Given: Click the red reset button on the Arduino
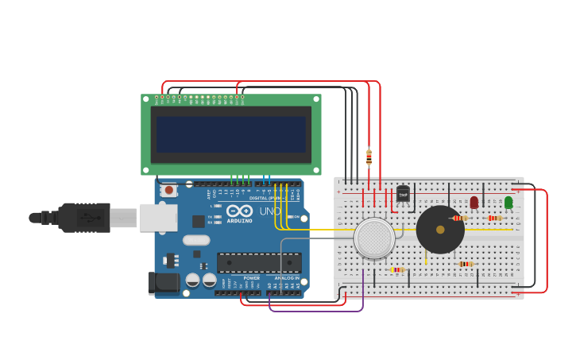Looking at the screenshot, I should tap(168, 190).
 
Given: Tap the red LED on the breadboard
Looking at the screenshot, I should tap(474, 203).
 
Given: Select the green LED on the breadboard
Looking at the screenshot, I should tap(508, 203).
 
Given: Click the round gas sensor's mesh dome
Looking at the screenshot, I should tap(374, 238).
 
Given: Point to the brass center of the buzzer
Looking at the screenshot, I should tap(440, 230).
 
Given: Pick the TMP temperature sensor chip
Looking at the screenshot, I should tap(403, 194).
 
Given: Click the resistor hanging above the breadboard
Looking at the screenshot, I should tap(369, 157).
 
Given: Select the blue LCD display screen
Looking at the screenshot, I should tap(231, 134).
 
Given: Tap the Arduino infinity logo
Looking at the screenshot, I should tap(239, 211).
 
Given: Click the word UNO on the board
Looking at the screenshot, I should tap(269, 211).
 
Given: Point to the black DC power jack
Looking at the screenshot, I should tap(164, 282).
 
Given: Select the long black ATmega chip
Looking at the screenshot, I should tap(259, 262).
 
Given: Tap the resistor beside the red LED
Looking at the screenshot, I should tap(459, 218).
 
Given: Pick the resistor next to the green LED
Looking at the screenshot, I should tap(494, 218).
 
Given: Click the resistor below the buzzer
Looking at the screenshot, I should tap(466, 264).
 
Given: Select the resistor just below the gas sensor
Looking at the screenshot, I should tap(397, 269).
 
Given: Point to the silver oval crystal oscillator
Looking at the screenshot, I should tap(196, 240).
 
